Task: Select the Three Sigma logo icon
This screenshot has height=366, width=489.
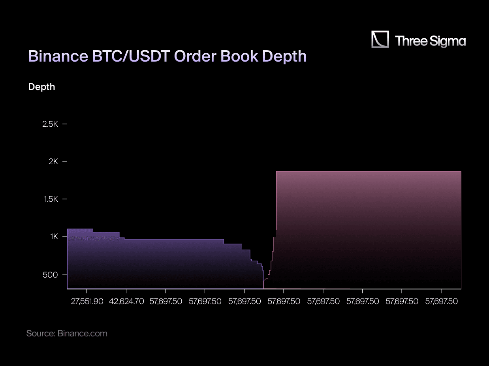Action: [x=380, y=40]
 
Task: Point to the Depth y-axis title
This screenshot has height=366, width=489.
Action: [x=41, y=87]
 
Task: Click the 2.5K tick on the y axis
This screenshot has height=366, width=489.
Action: [x=50, y=124]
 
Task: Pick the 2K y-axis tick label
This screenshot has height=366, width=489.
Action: [x=53, y=162]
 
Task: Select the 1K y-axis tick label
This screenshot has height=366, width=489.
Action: [x=54, y=237]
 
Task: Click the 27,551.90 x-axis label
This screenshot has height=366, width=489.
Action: [x=87, y=301]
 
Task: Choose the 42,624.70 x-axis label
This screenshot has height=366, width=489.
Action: [x=126, y=301]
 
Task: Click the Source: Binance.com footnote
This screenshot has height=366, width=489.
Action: [x=67, y=333]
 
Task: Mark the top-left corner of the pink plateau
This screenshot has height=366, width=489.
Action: [x=276, y=172]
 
